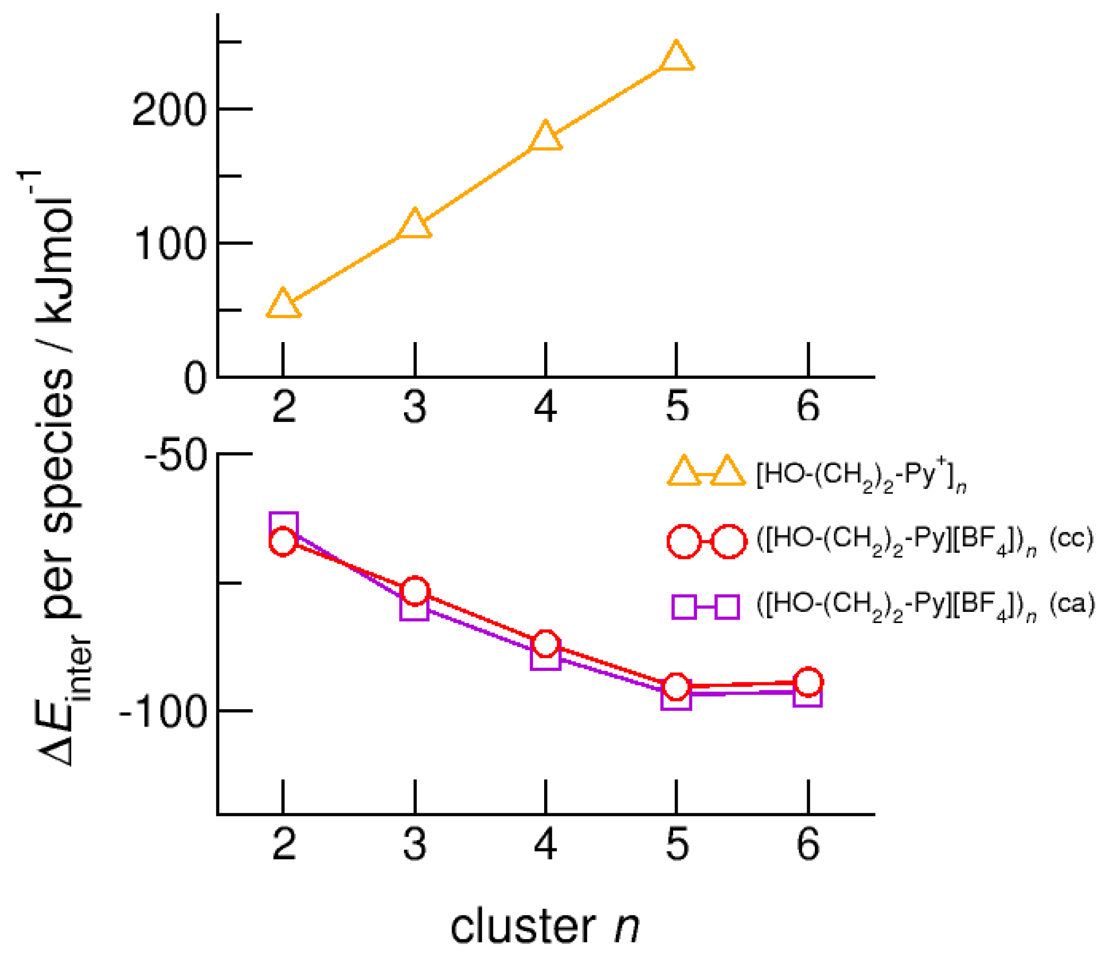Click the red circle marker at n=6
coord(808,681)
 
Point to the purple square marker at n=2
coord(283,525)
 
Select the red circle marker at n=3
coord(415,591)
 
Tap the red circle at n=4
coord(546,644)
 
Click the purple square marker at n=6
coord(808,694)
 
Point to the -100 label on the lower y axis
coord(163,712)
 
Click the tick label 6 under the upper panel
coord(808,407)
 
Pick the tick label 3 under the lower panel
coord(415,844)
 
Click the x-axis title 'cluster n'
coord(545,926)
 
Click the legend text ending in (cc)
coord(924,540)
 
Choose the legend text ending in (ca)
coord(925,605)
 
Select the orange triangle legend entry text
coord(861,475)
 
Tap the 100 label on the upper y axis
coord(169,245)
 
